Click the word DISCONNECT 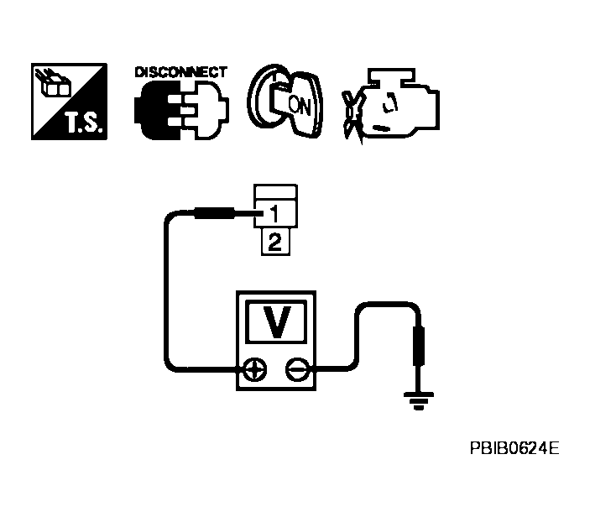tap(180, 72)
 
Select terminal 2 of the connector tap(276, 243)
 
